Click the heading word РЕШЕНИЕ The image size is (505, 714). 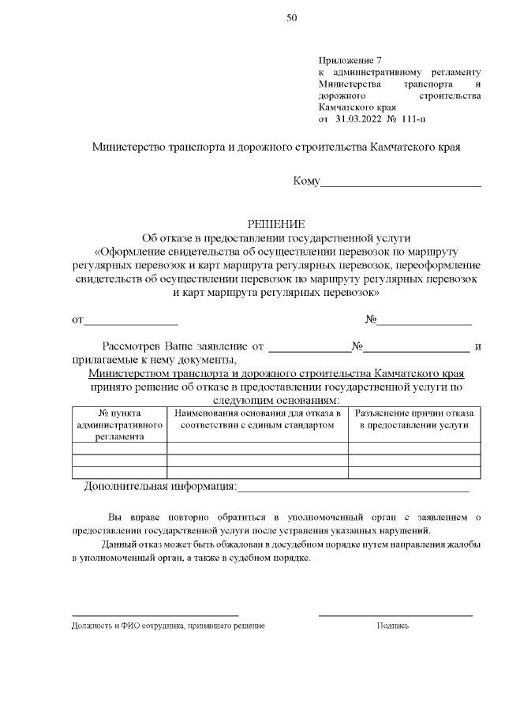(x=270, y=224)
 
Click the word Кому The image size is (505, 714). (x=306, y=181)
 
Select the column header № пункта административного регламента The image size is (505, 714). (x=119, y=424)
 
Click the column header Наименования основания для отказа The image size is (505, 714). (x=257, y=419)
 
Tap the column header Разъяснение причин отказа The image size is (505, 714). (x=413, y=419)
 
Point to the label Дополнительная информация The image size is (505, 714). (x=160, y=486)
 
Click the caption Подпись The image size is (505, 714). (x=393, y=625)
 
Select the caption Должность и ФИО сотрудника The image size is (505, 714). (x=168, y=625)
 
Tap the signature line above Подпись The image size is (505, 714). (x=395, y=615)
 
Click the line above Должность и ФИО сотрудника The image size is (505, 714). (x=155, y=615)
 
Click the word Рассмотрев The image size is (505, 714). (x=131, y=346)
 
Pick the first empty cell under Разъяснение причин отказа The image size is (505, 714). (x=413, y=448)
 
